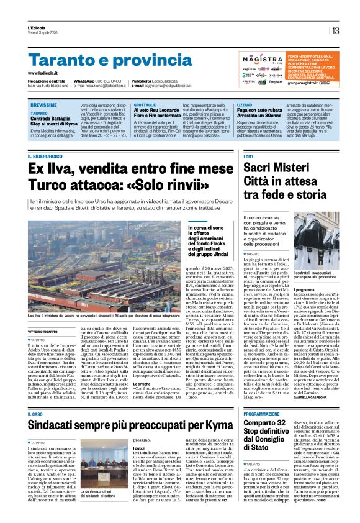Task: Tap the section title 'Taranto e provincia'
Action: [102, 61]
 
